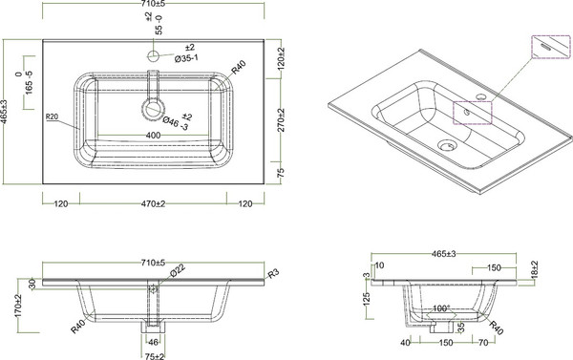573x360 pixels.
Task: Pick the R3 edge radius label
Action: pyautogui.click(x=274, y=275)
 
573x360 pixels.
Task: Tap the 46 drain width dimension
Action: pyautogui.click(x=153, y=339)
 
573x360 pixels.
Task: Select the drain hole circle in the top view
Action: pyautogui.click(x=150, y=106)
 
